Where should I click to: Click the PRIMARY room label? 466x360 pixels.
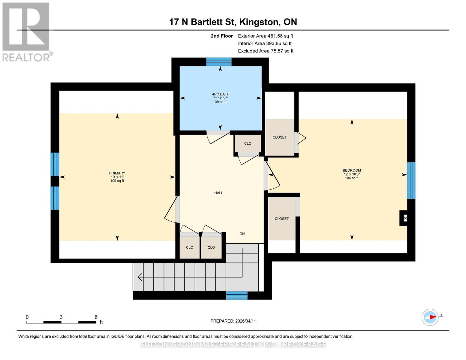click(x=117, y=173)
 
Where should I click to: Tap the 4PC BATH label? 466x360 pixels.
click(x=221, y=94)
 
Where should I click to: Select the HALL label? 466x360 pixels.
click(x=218, y=193)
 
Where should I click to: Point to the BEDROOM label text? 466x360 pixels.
click(x=352, y=170)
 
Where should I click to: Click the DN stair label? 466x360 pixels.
click(x=242, y=234)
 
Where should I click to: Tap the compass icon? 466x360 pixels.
click(x=430, y=317)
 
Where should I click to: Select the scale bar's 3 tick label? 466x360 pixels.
click(x=61, y=317)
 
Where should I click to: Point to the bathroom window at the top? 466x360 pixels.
click(x=219, y=62)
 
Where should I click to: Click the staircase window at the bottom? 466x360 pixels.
click(x=237, y=295)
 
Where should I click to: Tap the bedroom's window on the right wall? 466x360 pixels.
click(x=411, y=180)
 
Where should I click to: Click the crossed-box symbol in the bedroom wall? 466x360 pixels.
click(x=405, y=218)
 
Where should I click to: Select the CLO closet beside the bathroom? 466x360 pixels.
click(x=248, y=143)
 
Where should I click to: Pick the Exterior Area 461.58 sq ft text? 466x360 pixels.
click(x=266, y=36)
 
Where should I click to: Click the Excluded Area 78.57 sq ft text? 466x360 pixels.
click(x=266, y=51)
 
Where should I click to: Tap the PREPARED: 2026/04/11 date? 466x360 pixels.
click(x=233, y=321)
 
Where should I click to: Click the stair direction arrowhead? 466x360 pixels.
click(x=140, y=277)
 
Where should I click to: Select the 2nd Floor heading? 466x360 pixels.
click(x=222, y=36)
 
